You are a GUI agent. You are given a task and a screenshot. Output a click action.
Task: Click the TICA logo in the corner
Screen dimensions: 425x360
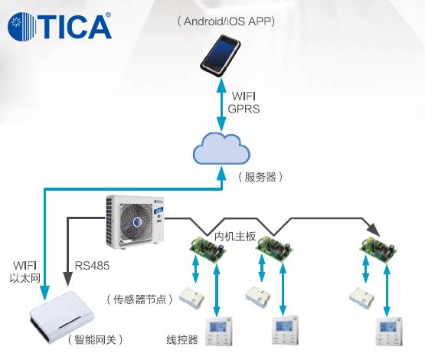[x=60, y=26]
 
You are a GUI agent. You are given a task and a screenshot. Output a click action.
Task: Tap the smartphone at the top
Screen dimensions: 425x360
[x=221, y=55]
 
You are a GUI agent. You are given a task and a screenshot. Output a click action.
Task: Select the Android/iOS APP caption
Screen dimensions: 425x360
[x=227, y=21]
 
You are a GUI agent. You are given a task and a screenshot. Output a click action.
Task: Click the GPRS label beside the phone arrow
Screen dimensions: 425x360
[x=244, y=109]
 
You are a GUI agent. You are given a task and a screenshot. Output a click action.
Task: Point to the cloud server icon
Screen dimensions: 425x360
[x=221, y=149]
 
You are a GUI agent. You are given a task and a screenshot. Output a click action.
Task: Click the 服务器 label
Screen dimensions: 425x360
[x=260, y=177]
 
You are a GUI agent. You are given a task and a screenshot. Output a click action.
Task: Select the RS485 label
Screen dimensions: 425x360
[x=92, y=265]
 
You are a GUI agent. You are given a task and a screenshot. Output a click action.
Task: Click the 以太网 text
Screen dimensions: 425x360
[x=25, y=278]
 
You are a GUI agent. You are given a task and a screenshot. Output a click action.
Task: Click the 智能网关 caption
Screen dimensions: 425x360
[x=95, y=339]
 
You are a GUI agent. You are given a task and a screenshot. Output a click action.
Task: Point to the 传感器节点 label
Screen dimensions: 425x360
[x=139, y=299]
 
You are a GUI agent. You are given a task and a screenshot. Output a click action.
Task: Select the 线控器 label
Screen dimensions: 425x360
[x=182, y=339]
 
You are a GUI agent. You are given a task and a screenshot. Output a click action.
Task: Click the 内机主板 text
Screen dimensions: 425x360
[x=235, y=236]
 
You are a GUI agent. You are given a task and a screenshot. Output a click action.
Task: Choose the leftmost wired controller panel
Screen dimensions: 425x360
[x=219, y=331]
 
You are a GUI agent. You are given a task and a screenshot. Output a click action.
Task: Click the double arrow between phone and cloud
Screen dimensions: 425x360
[x=222, y=105]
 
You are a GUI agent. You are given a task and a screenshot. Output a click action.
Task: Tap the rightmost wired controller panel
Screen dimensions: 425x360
[x=389, y=331]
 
